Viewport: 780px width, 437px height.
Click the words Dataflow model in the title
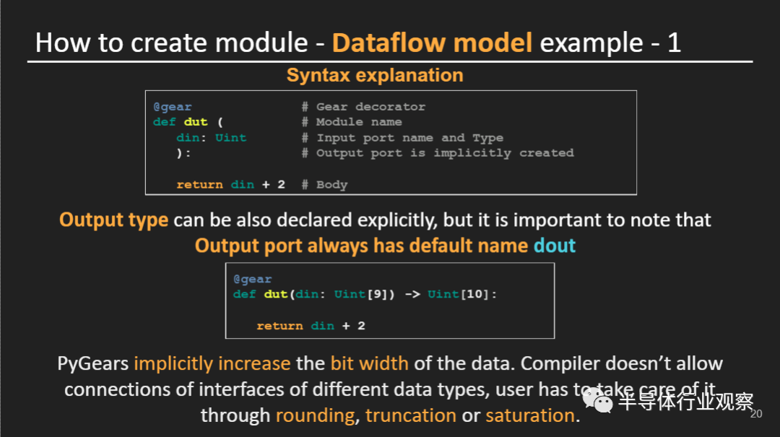click(x=432, y=43)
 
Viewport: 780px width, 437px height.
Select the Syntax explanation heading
click(x=375, y=75)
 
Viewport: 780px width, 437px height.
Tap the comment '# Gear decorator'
click(x=363, y=106)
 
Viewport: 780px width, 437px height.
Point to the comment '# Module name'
click(x=352, y=122)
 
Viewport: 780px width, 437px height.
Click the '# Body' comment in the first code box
click(x=324, y=185)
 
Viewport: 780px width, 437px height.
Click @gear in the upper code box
click(x=172, y=106)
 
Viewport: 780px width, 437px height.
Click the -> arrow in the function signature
click(x=412, y=294)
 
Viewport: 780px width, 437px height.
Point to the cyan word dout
click(x=554, y=246)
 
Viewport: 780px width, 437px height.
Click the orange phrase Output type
click(x=113, y=220)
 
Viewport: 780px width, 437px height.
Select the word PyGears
click(x=93, y=364)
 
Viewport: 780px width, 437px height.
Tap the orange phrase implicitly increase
click(x=212, y=364)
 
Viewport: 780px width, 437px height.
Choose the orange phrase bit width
click(x=369, y=363)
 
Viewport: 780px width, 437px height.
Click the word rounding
click(x=316, y=415)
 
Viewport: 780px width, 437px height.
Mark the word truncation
click(x=410, y=415)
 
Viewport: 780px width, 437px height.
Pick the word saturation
click(x=530, y=415)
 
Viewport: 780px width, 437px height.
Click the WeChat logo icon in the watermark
click(x=598, y=401)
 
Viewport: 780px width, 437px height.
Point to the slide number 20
click(x=756, y=414)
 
